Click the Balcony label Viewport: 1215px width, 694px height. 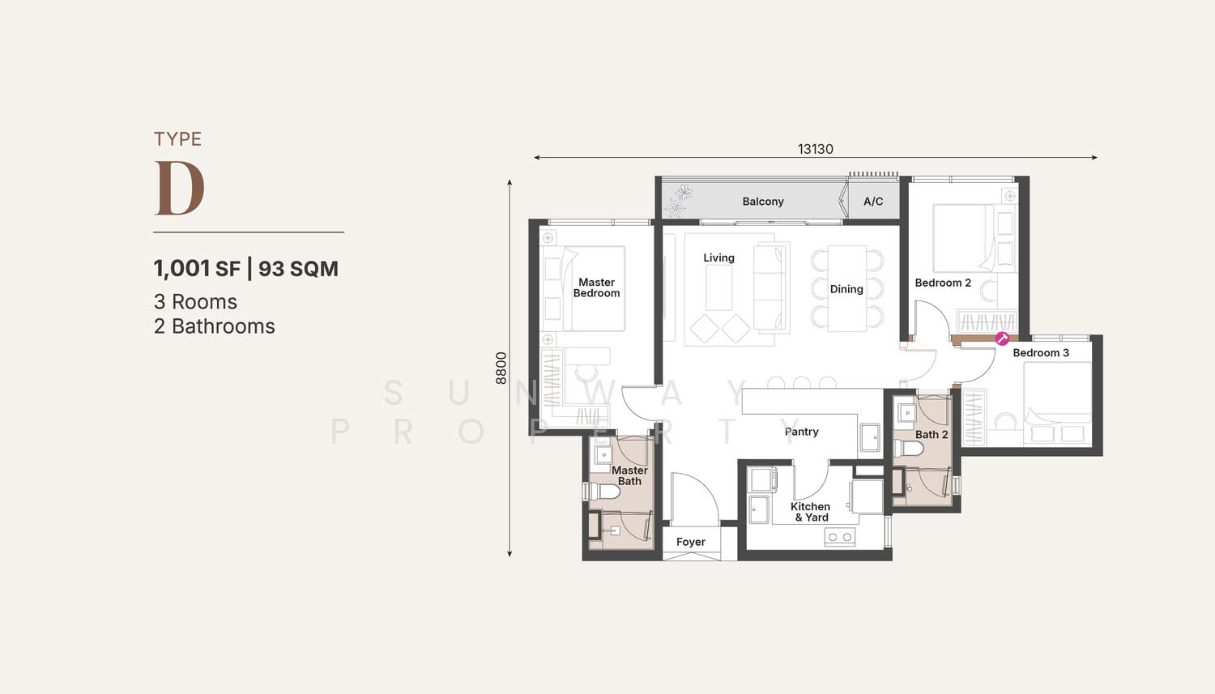(763, 202)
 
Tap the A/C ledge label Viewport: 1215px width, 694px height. (873, 202)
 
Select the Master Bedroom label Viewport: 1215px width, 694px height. (596, 287)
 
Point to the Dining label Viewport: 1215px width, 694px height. (846, 289)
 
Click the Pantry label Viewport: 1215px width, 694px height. (801, 432)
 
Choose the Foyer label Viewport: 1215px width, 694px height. (690, 542)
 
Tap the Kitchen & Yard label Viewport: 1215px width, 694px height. (810, 512)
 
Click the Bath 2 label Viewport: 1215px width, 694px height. (932, 434)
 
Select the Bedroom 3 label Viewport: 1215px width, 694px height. (1041, 352)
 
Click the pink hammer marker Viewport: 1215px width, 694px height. (1002, 338)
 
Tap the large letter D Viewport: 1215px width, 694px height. (180, 188)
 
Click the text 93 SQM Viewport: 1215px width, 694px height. (298, 268)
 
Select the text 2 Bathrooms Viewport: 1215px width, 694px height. (215, 326)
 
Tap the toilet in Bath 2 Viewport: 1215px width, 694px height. (908, 449)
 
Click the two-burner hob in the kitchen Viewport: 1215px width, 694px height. (840, 537)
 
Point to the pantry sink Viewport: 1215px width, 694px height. (870, 437)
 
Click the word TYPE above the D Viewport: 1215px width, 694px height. (178, 139)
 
